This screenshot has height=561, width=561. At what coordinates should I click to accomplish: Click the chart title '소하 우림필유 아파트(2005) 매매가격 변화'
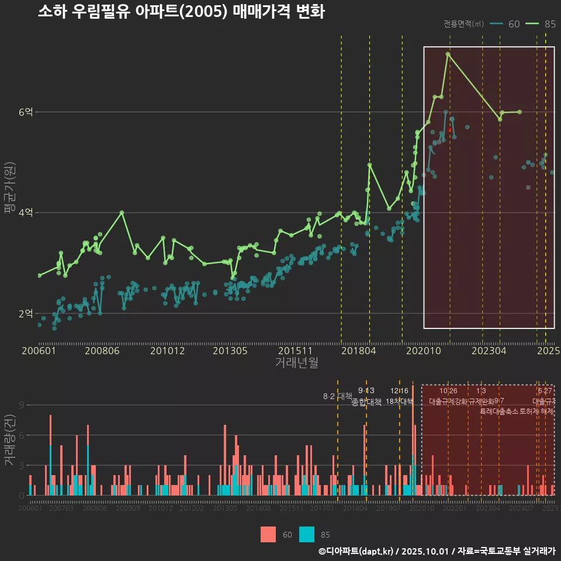pyautogui.click(x=181, y=12)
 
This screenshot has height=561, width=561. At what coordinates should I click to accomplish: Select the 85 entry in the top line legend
pyautogui.click(x=541, y=24)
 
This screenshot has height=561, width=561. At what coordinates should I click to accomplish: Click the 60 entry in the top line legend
pyautogui.click(x=505, y=24)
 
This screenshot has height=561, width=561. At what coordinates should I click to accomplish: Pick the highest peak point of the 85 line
pyautogui.click(x=448, y=54)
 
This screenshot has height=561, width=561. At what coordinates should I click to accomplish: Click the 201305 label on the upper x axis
pyautogui.click(x=230, y=351)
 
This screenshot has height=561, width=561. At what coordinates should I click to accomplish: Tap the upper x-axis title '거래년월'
pyautogui.click(x=296, y=363)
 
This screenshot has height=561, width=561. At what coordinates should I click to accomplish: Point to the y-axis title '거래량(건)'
pyautogui.click(x=9, y=440)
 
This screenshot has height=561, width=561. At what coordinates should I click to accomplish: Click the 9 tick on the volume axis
pyautogui.click(x=22, y=405)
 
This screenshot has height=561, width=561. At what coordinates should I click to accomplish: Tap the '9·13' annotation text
pyautogui.click(x=366, y=391)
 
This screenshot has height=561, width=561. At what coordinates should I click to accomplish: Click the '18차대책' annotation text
pyautogui.click(x=399, y=401)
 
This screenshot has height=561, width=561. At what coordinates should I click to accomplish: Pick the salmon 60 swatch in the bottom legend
pyautogui.click(x=268, y=534)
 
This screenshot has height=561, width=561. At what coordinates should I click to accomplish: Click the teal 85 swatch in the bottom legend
pyautogui.click(x=307, y=534)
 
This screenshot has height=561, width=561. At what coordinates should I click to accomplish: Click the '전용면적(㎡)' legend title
pyautogui.click(x=463, y=24)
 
